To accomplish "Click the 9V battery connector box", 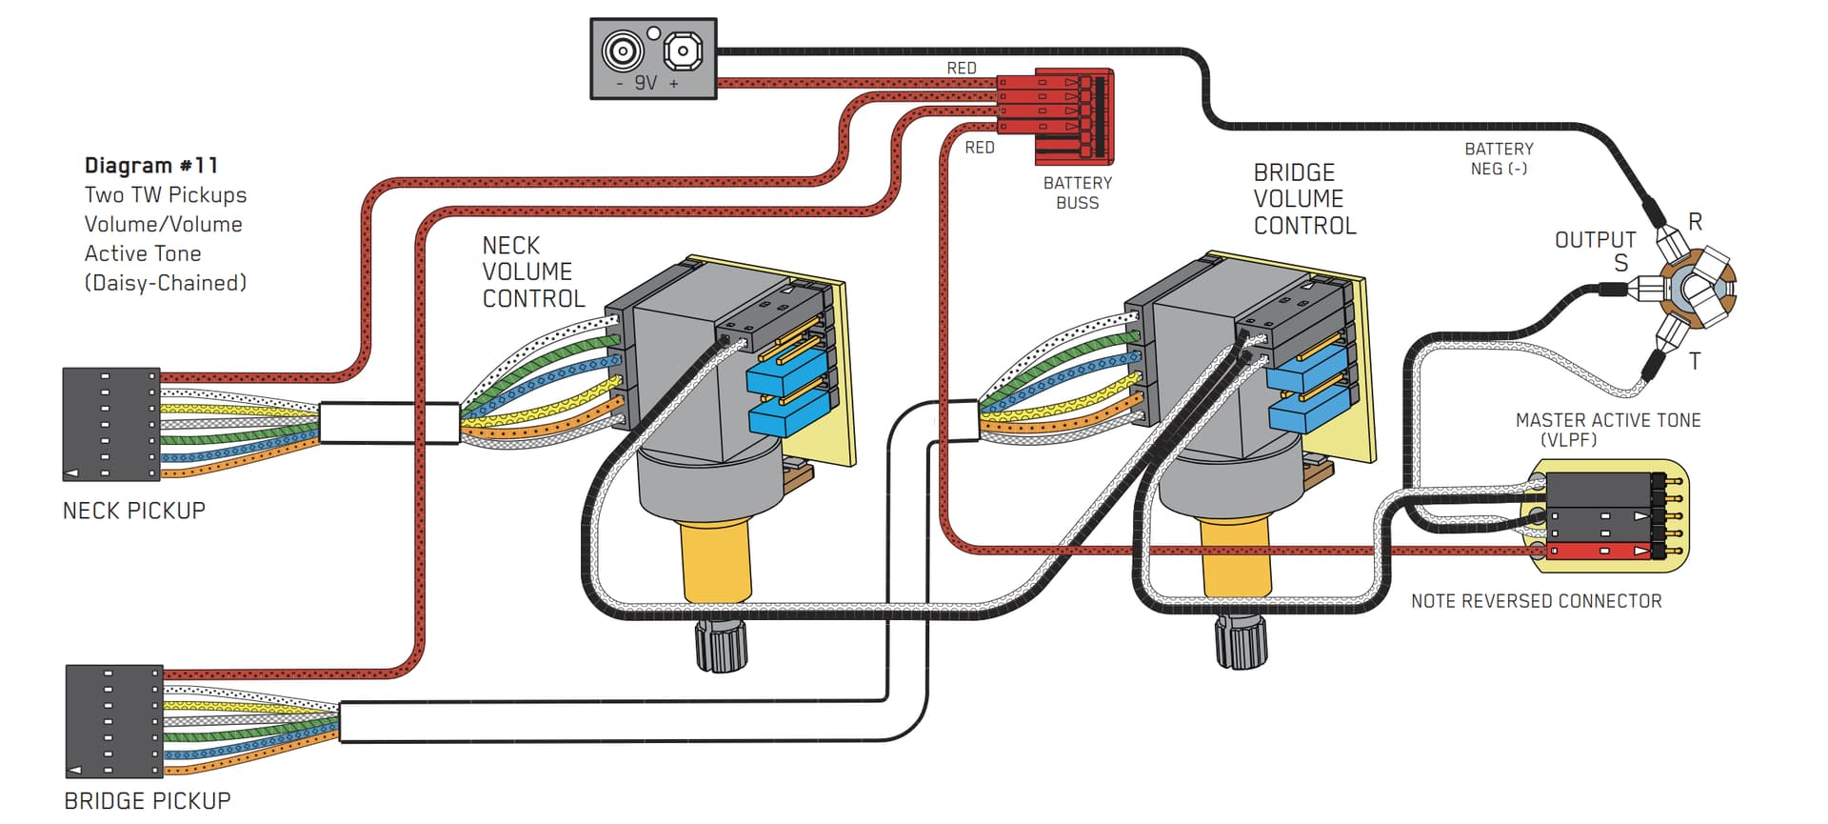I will click(x=653, y=58).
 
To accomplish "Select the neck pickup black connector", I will click(x=111, y=424).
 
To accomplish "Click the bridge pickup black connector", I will click(x=114, y=720).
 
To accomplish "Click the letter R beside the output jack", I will click(x=1695, y=222).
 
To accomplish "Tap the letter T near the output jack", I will click(x=1695, y=361).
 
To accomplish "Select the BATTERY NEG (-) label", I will click(x=1499, y=159).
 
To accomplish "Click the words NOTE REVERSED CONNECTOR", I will click(x=1536, y=601).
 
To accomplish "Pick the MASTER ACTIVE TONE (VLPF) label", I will click(x=1607, y=430).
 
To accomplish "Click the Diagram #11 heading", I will click(x=151, y=166).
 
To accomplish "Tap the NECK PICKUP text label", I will click(x=133, y=511).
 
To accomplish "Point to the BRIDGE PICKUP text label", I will click(x=147, y=801).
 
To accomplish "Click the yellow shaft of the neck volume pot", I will click(x=715, y=562).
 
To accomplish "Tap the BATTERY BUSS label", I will click(x=1077, y=192).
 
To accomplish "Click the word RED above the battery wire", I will click(x=961, y=69).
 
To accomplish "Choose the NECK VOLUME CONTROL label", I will click(x=532, y=272).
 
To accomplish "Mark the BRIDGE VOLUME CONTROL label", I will click(x=1303, y=199).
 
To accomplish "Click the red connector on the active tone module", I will click(x=1599, y=551).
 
